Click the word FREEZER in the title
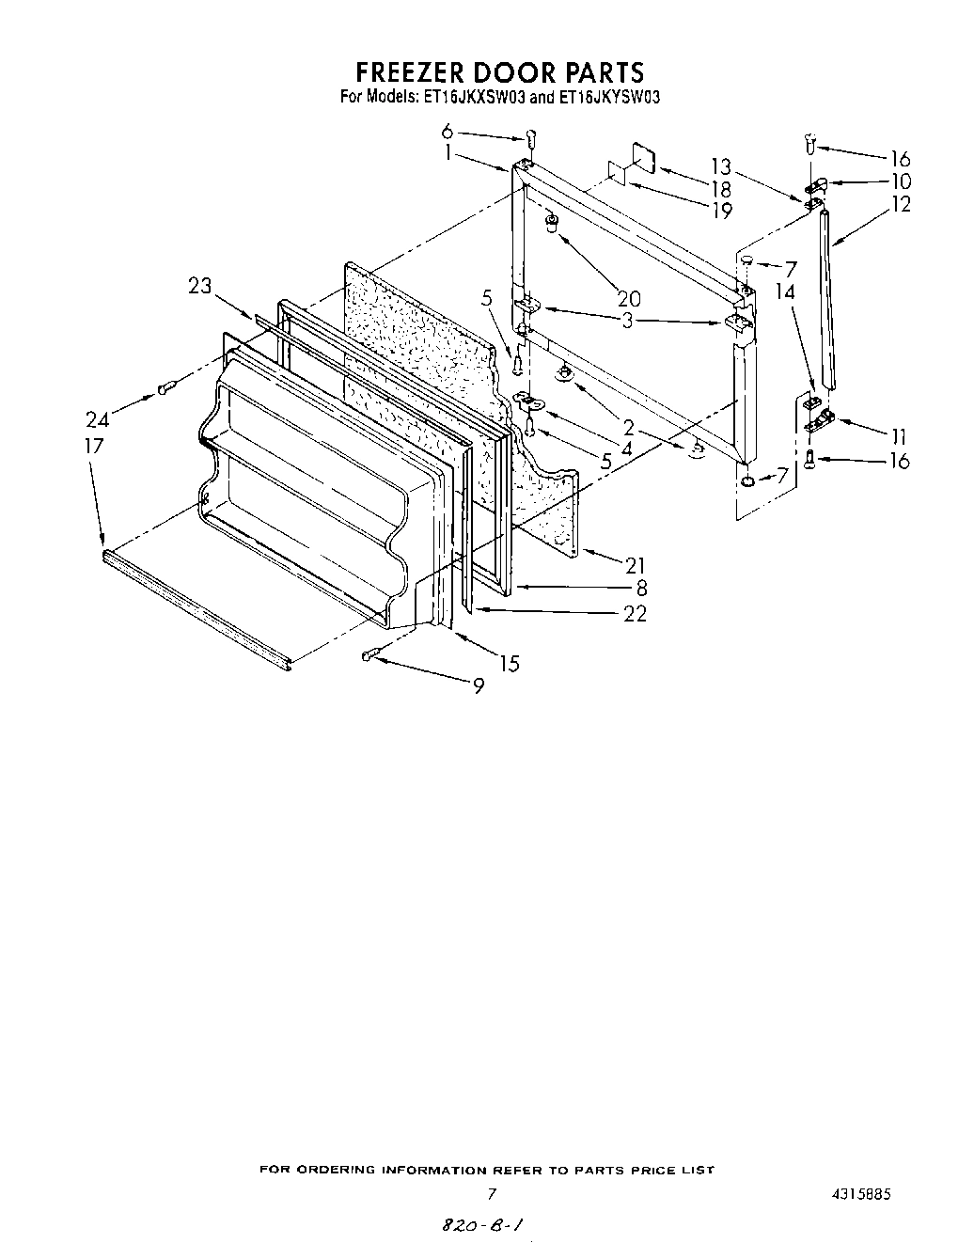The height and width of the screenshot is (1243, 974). pos(416,72)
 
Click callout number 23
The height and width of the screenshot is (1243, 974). pos(199,286)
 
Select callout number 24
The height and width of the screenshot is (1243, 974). pos(98,420)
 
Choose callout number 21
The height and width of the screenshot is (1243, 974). pos(636,564)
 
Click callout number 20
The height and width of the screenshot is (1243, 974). pos(628,299)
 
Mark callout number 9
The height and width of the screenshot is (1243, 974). pos(479,686)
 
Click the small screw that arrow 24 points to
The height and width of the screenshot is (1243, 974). pos(165,386)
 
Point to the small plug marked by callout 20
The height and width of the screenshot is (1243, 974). pos(553,223)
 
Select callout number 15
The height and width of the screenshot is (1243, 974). pos(509,664)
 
